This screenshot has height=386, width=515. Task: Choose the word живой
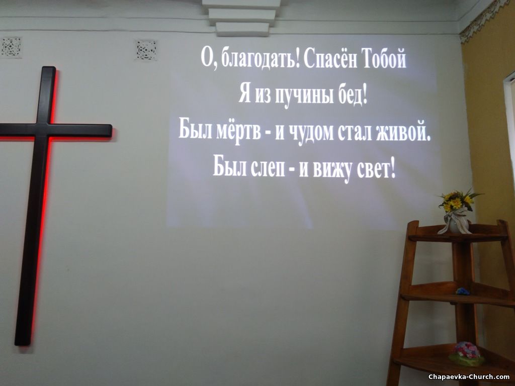(x=403, y=133)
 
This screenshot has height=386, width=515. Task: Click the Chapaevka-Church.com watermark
(x=469, y=377)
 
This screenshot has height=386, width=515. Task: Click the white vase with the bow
(x=456, y=221)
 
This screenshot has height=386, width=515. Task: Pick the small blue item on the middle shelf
(x=463, y=291)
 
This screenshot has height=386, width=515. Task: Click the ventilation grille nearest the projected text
(x=146, y=50)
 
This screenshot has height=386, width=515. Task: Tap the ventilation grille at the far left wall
(x=11, y=47)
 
